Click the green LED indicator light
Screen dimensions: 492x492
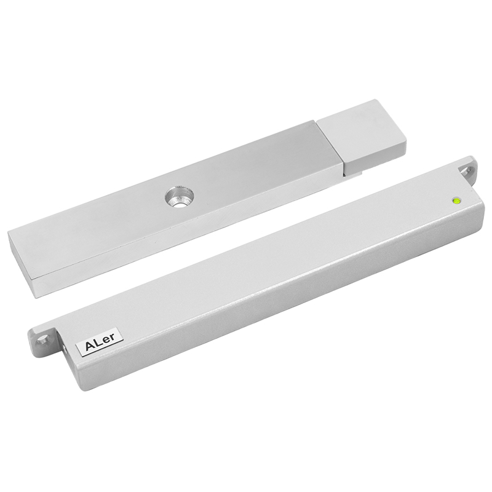(456, 200)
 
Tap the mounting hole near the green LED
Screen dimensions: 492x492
(468, 171)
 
